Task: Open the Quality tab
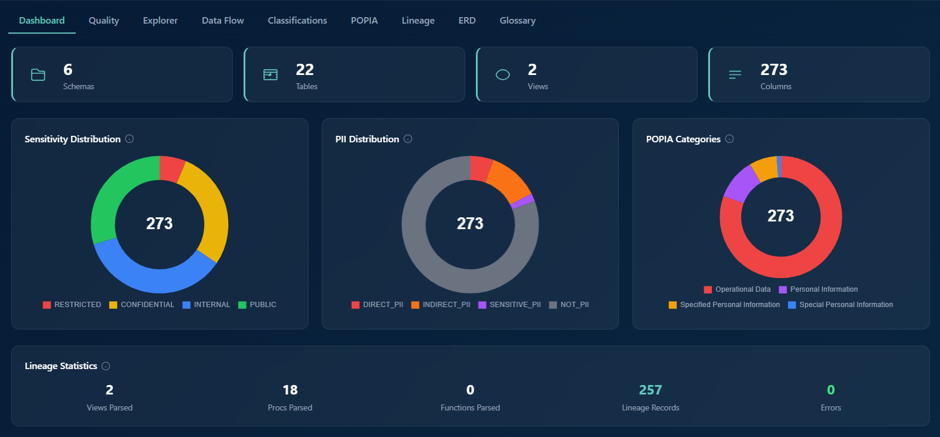(x=103, y=21)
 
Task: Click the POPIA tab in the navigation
(x=364, y=21)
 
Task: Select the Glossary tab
(x=517, y=21)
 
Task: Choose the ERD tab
(x=467, y=21)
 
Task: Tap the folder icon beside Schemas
(x=38, y=75)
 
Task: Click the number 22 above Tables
(x=304, y=70)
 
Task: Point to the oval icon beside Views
(x=503, y=75)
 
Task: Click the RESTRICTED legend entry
(x=72, y=305)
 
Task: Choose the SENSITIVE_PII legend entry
(x=510, y=305)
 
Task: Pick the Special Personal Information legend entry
(x=840, y=305)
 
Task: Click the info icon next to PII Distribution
(x=408, y=139)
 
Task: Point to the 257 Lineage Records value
(x=650, y=390)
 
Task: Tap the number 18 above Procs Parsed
(x=290, y=390)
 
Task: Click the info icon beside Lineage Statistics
(x=106, y=366)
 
